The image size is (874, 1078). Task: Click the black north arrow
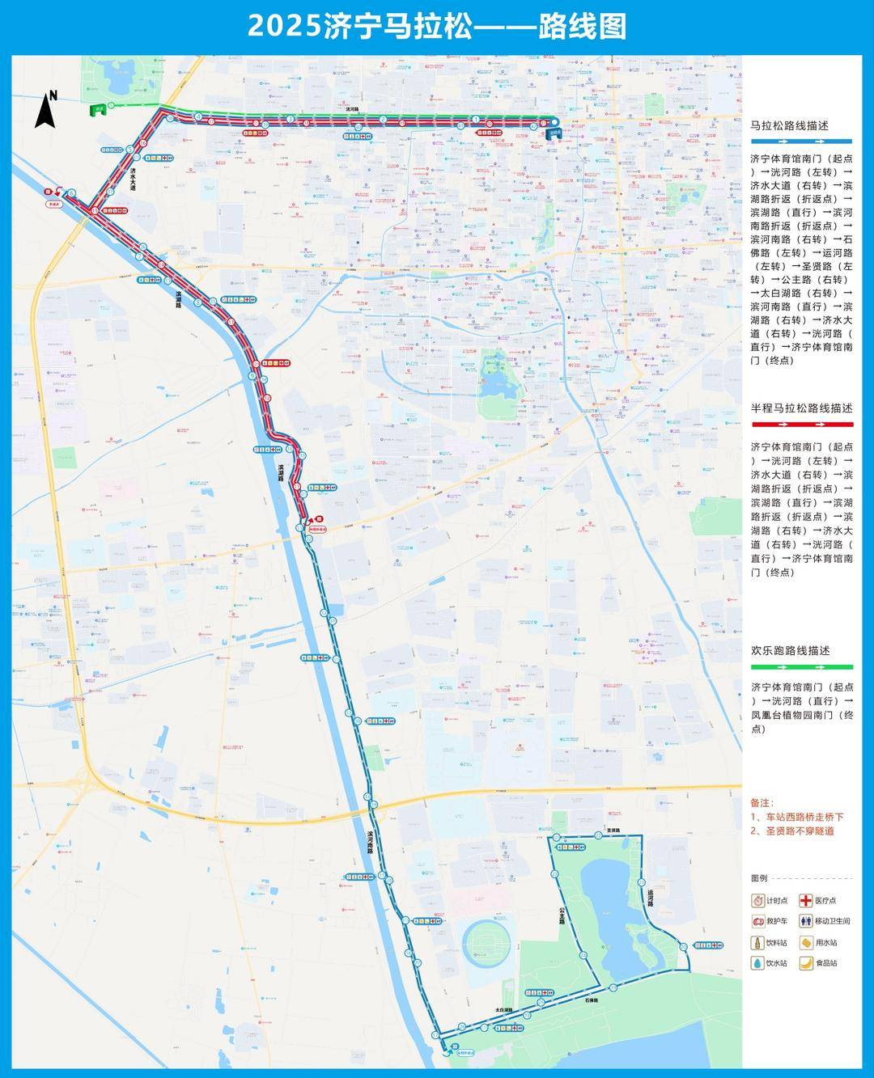pos(45,109)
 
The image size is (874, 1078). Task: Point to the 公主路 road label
pos(560,914)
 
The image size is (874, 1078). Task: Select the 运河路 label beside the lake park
pos(650,898)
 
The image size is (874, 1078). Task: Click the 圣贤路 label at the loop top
pos(613,831)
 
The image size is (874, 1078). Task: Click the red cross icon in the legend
pos(806,900)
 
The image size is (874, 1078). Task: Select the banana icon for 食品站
pos(806,962)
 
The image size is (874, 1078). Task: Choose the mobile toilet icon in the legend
pos(806,921)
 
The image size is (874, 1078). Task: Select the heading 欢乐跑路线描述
pos(791,650)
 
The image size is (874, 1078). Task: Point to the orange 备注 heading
pos(762,803)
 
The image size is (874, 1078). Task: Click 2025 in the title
pos(282,26)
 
